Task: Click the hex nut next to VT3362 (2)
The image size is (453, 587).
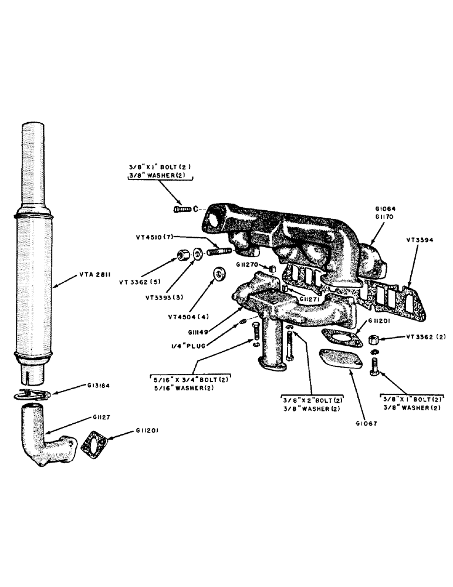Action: point(373,339)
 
